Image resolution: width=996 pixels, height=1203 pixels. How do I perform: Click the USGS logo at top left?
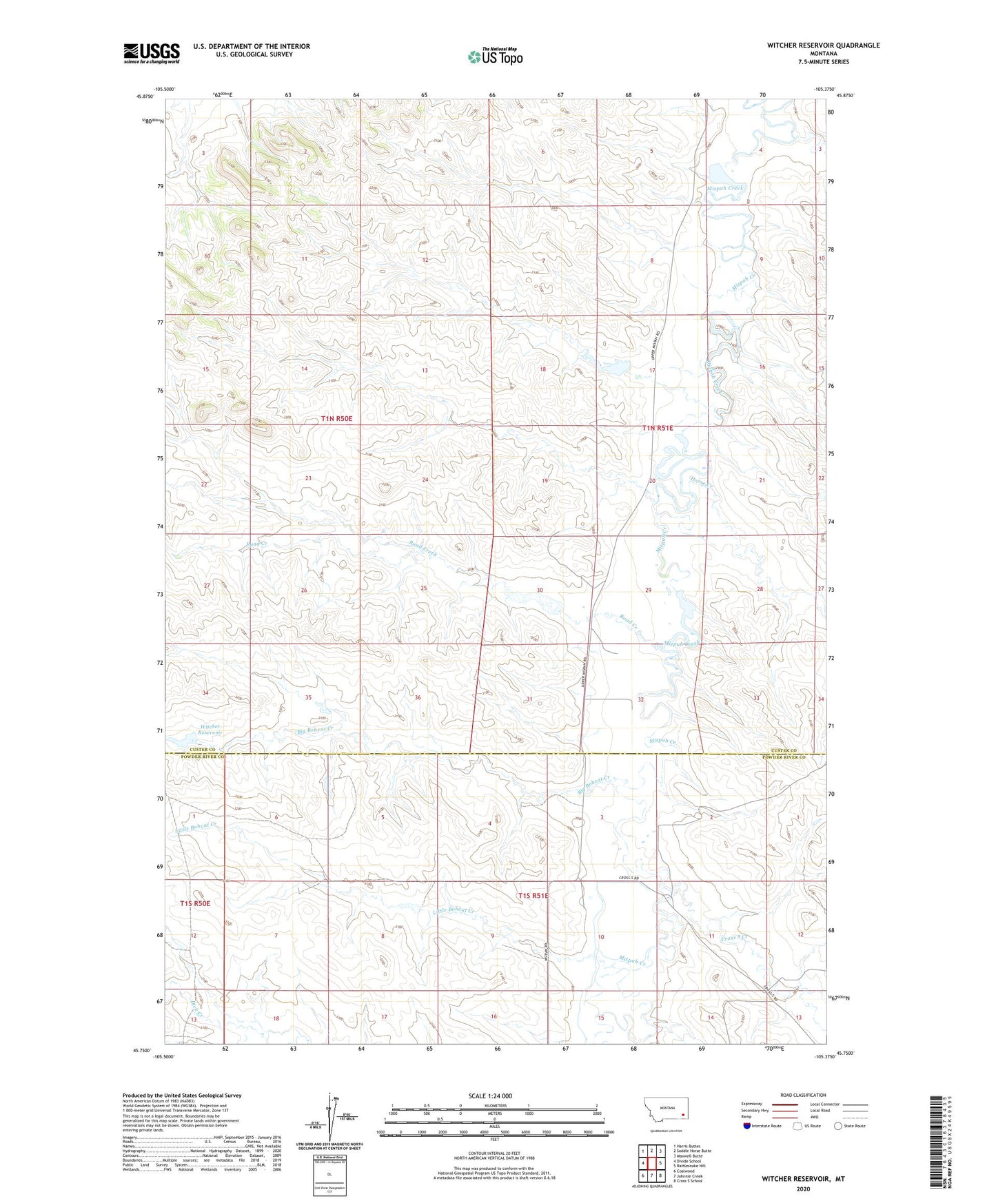151,53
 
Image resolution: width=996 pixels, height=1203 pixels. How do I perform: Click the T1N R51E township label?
657,428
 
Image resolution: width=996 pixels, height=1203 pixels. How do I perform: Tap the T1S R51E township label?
533,896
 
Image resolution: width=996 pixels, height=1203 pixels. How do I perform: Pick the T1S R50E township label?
194,903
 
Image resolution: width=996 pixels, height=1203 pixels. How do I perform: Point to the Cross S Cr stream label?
734,938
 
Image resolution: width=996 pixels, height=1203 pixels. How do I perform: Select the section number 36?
418,697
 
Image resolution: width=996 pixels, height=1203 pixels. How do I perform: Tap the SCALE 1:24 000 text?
490,1096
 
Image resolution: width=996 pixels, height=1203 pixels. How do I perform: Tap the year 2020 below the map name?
802,1189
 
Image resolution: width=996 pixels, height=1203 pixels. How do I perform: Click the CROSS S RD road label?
629,878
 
